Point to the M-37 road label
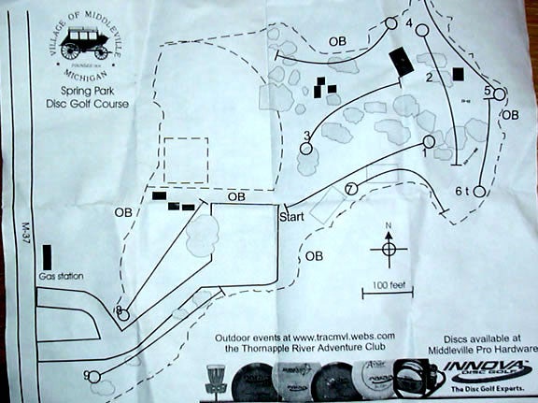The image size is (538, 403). coord(25,228)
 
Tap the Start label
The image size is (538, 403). coord(292,217)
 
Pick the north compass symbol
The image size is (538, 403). coord(388,247)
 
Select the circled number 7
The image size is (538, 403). coord(350,189)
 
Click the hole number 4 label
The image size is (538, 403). coord(409,22)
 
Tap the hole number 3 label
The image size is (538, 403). coord(306,137)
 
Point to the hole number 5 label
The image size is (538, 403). coord(488,91)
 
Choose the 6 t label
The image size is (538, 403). coord(461,191)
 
